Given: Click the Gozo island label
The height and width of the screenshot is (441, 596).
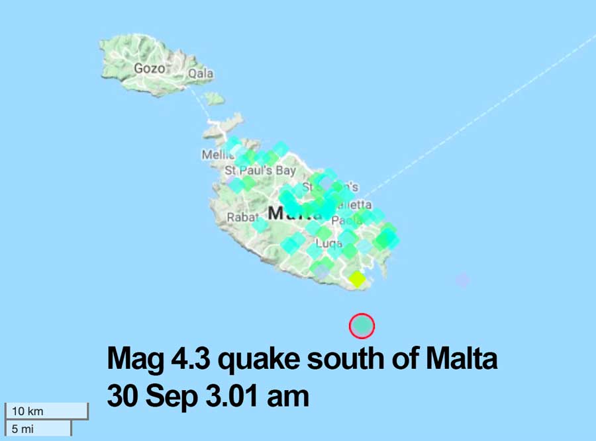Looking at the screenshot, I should point(148,68).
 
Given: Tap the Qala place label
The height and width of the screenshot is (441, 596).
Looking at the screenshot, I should point(201,74).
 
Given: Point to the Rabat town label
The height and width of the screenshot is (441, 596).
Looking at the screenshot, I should point(241,217).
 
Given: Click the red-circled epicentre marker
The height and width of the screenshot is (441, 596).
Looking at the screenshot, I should point(362,325).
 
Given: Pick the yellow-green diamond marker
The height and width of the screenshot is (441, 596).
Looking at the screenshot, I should point(357,279).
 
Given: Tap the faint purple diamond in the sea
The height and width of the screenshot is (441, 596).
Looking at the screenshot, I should point(462,280).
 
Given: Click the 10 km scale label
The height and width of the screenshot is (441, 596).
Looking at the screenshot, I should point(28,411).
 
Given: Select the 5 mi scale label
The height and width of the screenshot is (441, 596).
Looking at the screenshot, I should point(23,428).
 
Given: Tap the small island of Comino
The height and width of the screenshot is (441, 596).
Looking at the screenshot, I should point(213,99).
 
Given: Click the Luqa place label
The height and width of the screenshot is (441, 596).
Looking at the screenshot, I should point(329,243).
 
